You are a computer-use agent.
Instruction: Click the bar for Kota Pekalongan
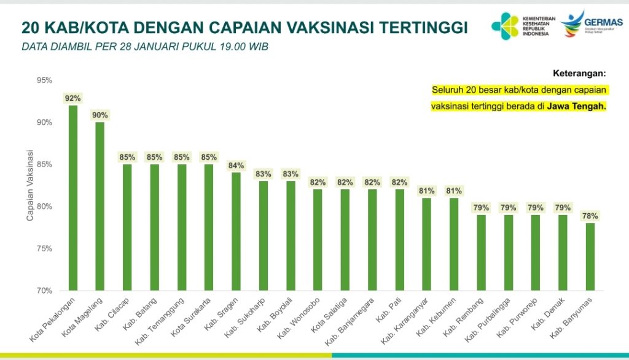[73, 197]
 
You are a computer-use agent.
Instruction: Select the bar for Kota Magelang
[100, 206]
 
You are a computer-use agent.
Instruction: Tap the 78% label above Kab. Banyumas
[590, 216]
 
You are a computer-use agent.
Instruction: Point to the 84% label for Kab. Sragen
[236, 165]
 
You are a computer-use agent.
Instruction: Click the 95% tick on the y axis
[44, 80]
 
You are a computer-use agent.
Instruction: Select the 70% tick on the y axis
[44, 290]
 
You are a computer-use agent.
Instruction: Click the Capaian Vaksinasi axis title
[29, 184]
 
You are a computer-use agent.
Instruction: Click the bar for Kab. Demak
[562, 252]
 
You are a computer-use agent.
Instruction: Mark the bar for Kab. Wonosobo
[318, 240]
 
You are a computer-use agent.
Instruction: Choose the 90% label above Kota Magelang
[100, 115]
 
